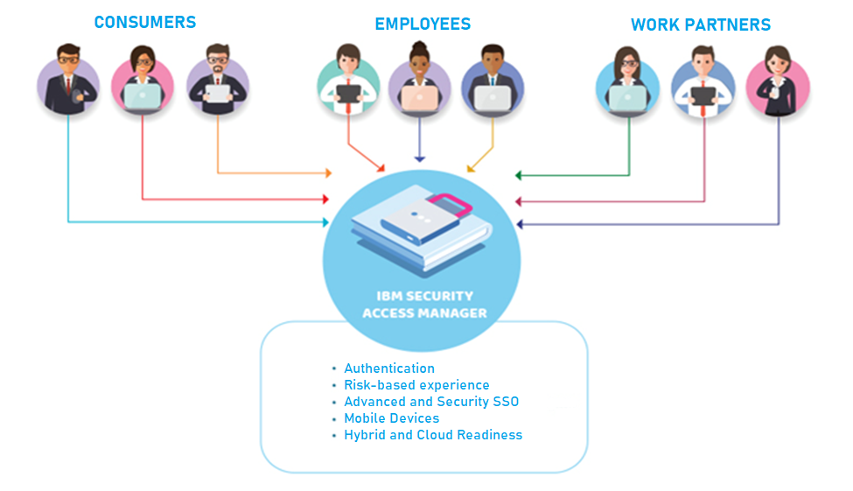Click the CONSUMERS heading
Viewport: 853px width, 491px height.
(144, 22)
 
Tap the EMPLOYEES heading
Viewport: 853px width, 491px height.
(423, 24)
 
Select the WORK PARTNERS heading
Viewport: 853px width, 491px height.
(701, 25)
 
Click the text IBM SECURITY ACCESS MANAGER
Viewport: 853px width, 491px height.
(424, 305)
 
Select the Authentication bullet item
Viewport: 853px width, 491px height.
(388, 368)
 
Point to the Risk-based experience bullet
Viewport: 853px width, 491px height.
(416, 385)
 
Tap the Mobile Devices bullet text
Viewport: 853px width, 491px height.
(391, 418)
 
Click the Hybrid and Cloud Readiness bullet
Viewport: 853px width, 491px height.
(432, 435)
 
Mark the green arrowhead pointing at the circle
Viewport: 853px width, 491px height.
(519, 175)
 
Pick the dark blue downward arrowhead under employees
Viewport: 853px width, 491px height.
(420, 158)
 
